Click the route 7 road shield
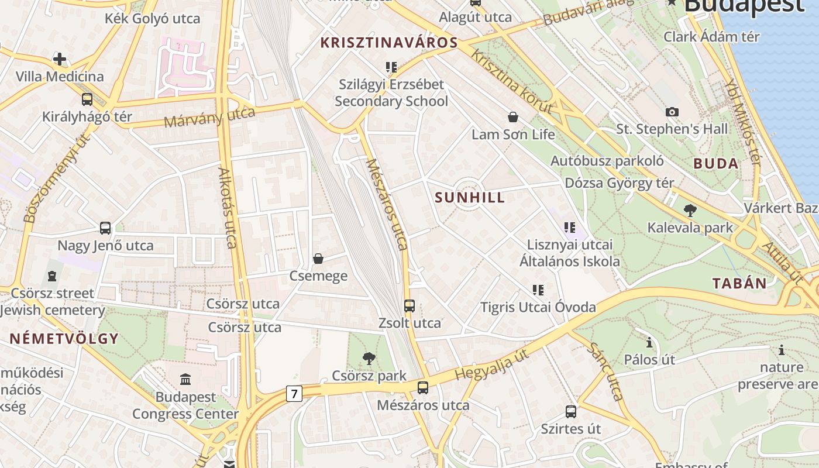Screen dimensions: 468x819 [x=294, y=394]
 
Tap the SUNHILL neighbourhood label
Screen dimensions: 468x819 [x=470, y=197]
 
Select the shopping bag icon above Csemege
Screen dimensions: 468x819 [x=318, y=258]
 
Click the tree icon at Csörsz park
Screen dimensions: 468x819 [x=369, y=358]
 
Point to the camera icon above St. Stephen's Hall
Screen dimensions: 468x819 [x=672, y=112]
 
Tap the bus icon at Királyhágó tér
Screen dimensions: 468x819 [x=87, y=99]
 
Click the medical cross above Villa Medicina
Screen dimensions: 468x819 [x=59, y=59]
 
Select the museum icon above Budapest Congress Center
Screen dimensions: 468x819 [x=185, y=380]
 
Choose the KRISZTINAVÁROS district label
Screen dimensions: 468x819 [x=389, y=43]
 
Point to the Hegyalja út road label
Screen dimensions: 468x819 [x=492, y=364]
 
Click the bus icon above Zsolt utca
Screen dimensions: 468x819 [x=409, y=305]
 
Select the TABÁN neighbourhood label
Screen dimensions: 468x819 [x=739, y=284]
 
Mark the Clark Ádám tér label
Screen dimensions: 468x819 [x=711, y=36]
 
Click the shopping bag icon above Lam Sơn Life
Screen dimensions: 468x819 [x=513, y=117]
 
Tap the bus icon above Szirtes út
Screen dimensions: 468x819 [x=570, y=411]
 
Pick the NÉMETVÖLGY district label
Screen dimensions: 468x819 [x=64, y=338]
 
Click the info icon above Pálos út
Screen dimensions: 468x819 [x=649, y=342]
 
